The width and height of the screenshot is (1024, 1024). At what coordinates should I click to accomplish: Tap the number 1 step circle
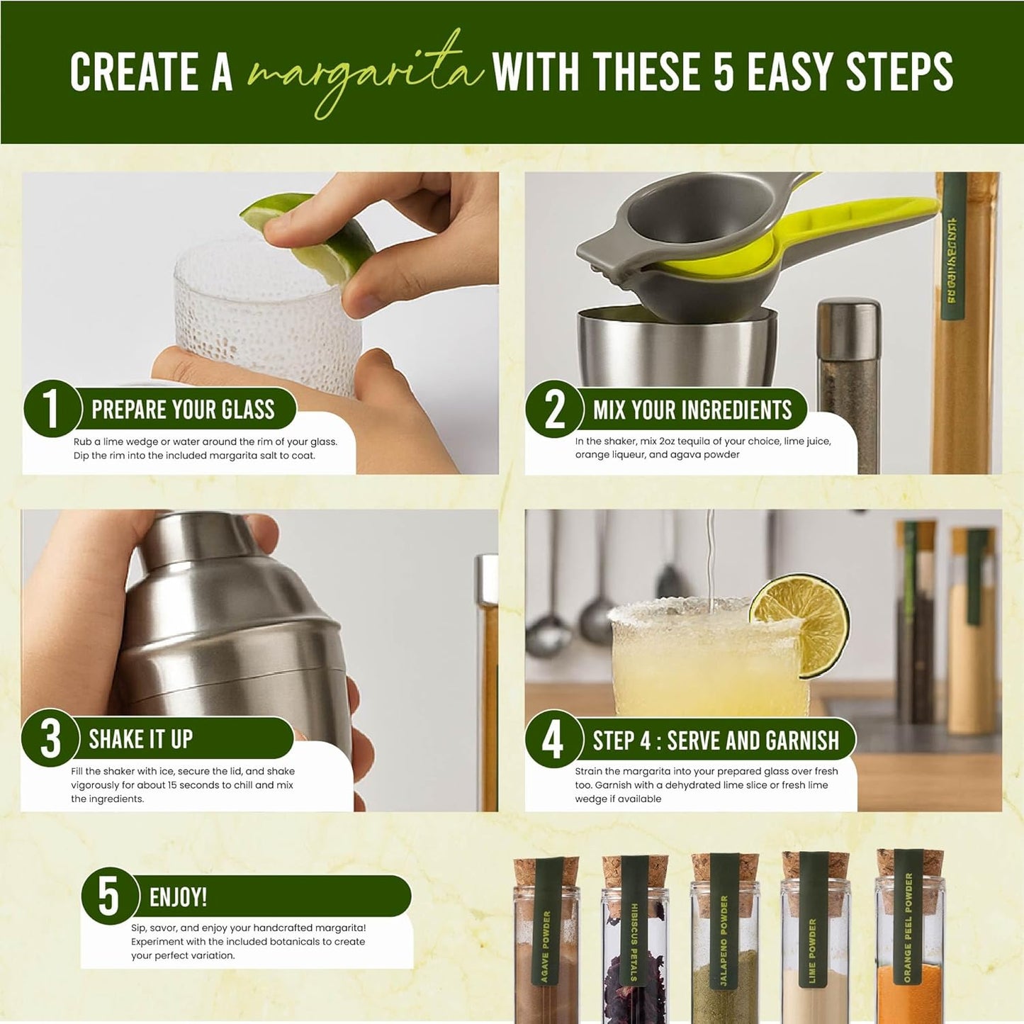[51, 409]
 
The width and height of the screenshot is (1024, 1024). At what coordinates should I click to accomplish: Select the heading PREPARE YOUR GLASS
[183, 410]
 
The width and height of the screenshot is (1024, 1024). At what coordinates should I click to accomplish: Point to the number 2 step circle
[554, 410]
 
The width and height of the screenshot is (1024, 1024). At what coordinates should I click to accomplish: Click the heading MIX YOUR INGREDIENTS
[692, 410]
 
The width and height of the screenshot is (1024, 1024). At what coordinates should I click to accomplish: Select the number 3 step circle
[50, 739]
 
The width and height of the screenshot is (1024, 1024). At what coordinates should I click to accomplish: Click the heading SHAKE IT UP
[140, 739]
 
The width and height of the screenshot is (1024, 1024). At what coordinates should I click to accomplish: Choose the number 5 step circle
[108, 896]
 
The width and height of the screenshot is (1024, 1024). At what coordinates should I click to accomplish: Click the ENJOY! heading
[178, 897]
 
